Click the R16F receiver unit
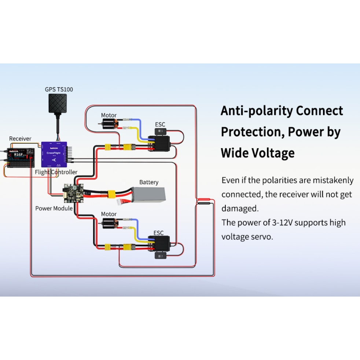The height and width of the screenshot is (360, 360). click(18, 158)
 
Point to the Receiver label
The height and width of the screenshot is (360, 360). click(20, 139)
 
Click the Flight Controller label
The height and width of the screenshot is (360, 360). click(56, 172)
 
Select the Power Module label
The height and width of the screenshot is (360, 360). click(54, 208)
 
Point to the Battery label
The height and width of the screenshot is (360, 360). click(149, 182)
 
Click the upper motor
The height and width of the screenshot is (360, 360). click(109, 125)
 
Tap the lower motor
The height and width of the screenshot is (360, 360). click(109, 224)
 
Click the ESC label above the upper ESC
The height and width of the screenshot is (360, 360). click(160, 125)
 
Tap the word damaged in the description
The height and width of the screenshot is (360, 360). click(240, 209)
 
